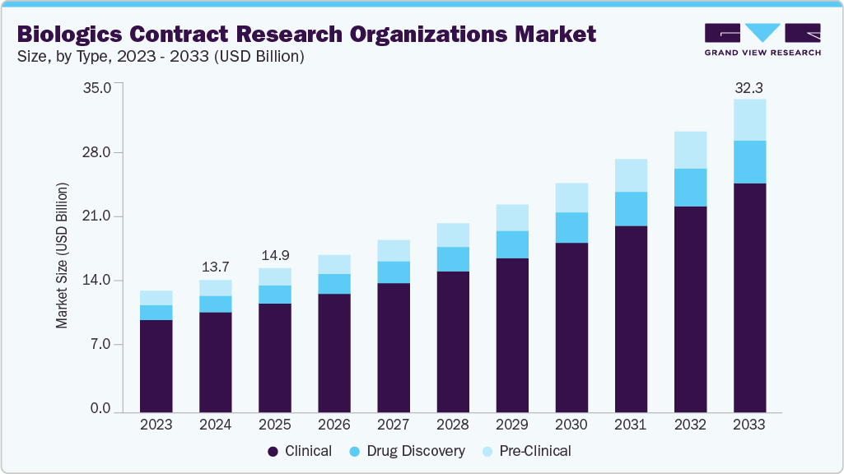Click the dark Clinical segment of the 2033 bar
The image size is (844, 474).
coord(749,296)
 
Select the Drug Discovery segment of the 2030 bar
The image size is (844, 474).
coord(571,228)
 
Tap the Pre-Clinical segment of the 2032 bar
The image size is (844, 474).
coord(690,150)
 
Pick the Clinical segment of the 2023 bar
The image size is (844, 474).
coord(156,365)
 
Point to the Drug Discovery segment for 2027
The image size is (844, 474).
coord(394,272)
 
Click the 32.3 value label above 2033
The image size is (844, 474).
coord(749,86)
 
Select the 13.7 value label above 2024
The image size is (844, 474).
coord(216,267)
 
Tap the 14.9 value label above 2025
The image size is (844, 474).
coord(275,255)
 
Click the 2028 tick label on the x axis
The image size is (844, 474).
coord(453,425)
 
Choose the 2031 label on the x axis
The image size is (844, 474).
coord(631,425)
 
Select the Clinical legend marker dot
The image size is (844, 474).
coord(273,452)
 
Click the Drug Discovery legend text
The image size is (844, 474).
coord(416,451)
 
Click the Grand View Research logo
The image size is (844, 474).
coord(762,39)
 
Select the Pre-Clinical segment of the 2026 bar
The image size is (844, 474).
coord(334,264)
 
